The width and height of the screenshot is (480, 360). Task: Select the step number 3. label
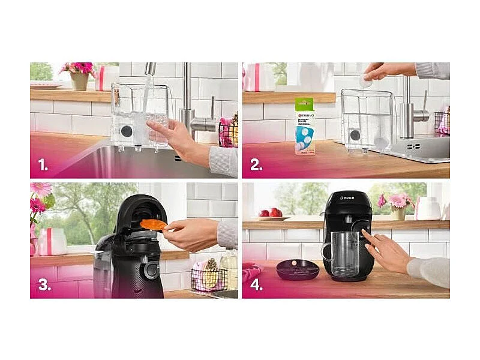44,285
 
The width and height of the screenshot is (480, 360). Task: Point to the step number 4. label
256,285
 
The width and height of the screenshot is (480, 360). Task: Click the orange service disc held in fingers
154,224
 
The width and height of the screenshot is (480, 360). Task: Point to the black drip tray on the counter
298,269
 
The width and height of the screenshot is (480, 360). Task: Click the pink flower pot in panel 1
79,79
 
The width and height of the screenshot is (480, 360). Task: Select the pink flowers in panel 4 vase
396,200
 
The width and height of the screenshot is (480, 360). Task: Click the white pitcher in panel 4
429,208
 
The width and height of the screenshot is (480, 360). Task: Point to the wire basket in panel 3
208,279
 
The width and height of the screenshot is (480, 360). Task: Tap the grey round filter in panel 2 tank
355,135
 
